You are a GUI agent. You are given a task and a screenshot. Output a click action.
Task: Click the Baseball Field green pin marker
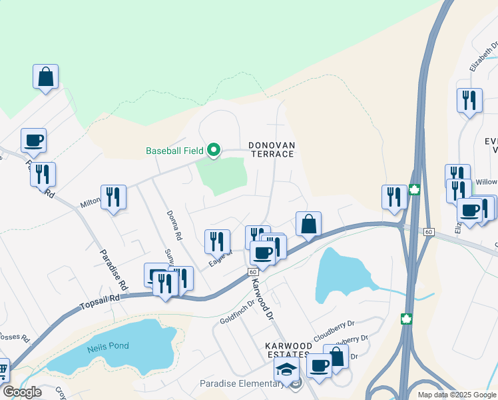(x=213, y=150)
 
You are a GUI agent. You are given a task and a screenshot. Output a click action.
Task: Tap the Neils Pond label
(x=108, y=346)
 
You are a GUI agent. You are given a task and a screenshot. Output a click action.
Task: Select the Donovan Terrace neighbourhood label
(x=271, y=149)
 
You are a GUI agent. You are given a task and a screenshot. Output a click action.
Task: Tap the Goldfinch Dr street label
(x=238, y=311)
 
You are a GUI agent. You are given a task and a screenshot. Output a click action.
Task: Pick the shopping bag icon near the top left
(x=45, y=77)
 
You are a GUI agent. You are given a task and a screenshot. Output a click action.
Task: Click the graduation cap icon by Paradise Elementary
(x=287, y=370)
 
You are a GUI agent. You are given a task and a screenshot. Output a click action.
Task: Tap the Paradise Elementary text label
(x=242, y=383)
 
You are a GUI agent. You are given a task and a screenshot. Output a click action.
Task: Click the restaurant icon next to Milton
(x=113, y=197)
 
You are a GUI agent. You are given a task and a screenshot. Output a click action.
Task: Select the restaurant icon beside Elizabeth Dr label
(x=469, y=100)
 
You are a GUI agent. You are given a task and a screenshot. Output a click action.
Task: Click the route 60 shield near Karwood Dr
(x=253, y=272)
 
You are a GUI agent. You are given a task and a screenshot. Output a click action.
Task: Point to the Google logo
(x=22, y=392)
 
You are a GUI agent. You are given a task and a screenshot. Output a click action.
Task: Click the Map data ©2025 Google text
(x=456, y=395)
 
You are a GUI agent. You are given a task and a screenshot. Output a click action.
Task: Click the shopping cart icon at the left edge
(x=3, y=369)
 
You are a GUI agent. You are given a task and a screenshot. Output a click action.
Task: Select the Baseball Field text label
(x=174, y=151)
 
